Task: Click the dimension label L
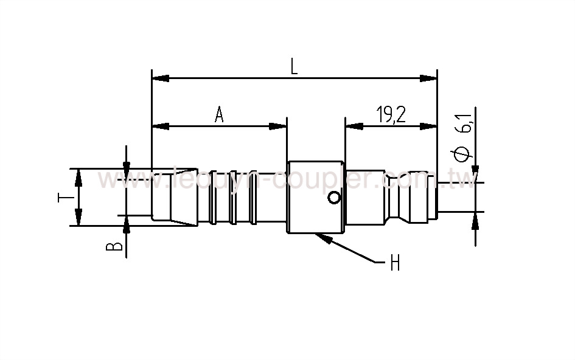[294, 66]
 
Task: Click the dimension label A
[220, 114]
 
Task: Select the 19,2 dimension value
[391, 114]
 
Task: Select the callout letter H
[394, 263]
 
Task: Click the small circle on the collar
[333, 197]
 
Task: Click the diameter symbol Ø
[464, 153]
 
